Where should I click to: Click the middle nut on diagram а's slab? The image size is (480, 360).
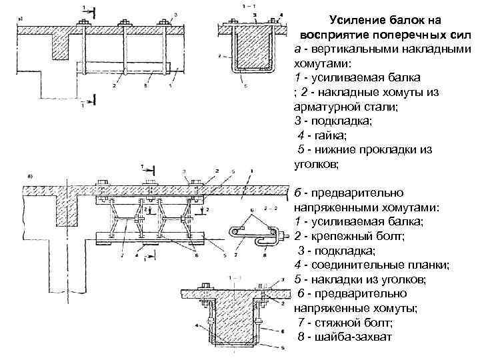click(123, 25)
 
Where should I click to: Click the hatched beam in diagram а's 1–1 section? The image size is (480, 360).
click(251, 47)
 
